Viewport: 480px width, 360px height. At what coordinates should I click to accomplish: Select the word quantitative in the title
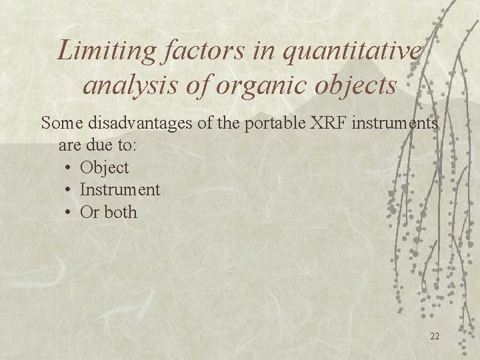point(353,51)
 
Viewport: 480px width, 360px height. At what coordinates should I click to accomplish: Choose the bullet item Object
point(104,168)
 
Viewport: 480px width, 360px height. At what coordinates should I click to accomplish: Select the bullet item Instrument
point(120,190)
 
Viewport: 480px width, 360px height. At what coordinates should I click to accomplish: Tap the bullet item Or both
point(109,213)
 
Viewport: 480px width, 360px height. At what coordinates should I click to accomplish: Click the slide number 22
point(434,336)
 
